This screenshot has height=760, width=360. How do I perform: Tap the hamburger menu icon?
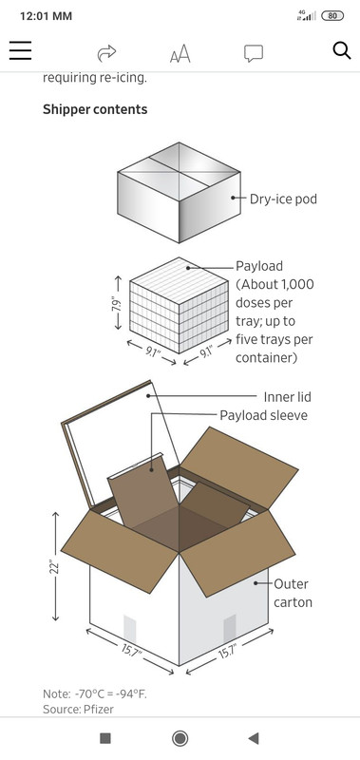[20, 50]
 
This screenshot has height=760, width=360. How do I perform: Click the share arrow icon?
[106, 53]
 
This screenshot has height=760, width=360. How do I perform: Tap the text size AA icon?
[180, 53]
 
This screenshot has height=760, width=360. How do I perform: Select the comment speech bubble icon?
[254, 53]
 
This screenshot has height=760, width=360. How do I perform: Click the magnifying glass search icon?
[342, 50]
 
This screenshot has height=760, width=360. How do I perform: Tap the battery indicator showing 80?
[332, 16]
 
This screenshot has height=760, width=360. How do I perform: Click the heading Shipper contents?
[95, 109]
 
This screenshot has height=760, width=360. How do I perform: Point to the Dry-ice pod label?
[283, 199]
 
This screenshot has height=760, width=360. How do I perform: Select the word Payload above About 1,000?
[259, 266]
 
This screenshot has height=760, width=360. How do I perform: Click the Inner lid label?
[287, 397]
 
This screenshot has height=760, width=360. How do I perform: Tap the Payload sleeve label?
[263, 415]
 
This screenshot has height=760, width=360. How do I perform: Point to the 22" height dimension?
[55, 567]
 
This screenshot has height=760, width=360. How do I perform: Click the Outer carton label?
[293, 593]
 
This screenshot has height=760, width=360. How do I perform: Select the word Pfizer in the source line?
[99, 709]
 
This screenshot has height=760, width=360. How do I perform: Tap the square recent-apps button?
[105, 738]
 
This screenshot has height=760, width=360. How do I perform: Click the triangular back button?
[254, 738]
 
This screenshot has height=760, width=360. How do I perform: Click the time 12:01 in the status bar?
[34, 16]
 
